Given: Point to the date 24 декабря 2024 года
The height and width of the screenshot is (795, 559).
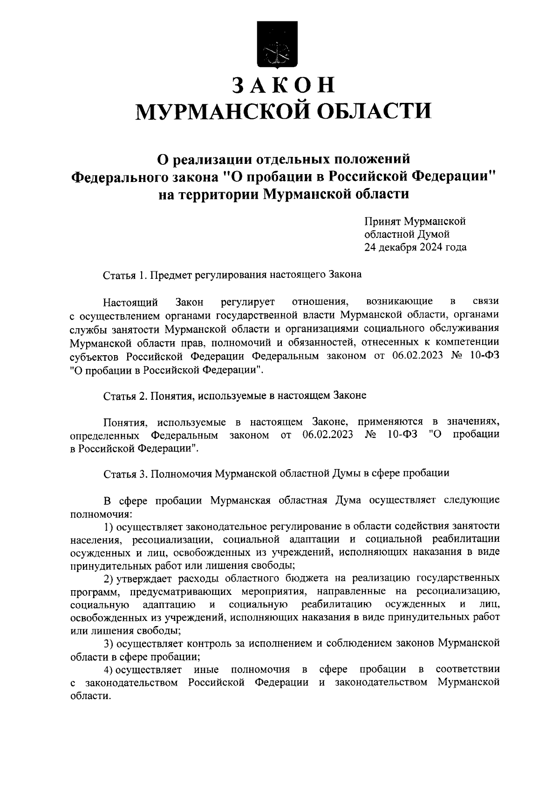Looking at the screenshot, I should pos(415,248).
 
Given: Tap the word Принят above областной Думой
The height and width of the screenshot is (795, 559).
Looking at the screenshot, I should pos(382,221).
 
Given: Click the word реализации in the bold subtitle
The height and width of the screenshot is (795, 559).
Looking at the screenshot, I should pos(214,160).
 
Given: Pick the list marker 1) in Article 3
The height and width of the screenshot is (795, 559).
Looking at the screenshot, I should pos(109,526).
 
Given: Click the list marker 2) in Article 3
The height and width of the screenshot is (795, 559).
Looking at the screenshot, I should pos(109,579).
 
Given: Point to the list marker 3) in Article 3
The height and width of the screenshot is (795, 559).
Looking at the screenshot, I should pos(109,644).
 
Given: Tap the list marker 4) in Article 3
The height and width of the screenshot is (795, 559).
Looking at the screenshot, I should pos(109,670).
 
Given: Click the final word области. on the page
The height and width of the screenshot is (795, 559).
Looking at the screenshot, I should pos(90,696).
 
